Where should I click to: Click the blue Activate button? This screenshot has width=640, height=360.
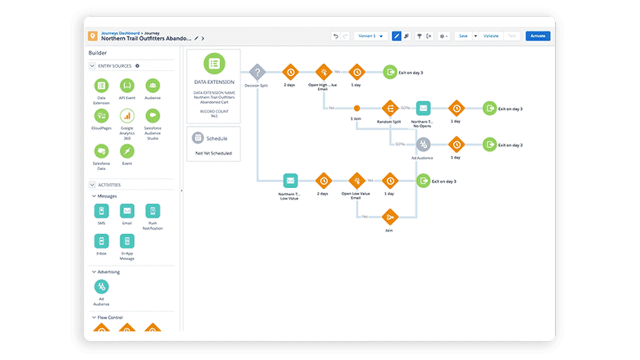click(538, 36)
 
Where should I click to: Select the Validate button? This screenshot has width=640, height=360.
click(491, 36)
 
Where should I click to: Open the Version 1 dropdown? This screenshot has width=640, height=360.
click(371, 36)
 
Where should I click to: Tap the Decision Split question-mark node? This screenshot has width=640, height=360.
click(257, 72)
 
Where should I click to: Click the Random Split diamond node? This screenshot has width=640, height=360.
click(389, 108)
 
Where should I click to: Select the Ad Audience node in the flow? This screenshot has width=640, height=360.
click(423, 145)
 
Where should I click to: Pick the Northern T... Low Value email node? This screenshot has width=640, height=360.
click(290, 181)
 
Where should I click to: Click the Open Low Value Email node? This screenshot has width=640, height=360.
click(356, 181)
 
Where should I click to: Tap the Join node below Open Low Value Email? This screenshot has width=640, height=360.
click(389, 217)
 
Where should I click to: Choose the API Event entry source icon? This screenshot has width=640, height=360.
click(127, 85)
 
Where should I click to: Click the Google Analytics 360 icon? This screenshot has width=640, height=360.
click(127, 116)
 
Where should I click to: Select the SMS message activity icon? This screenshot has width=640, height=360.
click(101, 211)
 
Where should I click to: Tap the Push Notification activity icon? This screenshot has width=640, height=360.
click(153, 211)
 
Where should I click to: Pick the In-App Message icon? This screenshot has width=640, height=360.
click(127, 241)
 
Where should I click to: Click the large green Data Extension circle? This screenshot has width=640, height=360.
click(214, 63)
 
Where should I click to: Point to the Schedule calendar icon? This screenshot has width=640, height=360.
click(198, 138)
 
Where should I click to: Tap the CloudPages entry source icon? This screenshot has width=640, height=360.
click(101, 116)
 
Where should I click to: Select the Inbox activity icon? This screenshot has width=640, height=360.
click(101, 241)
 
